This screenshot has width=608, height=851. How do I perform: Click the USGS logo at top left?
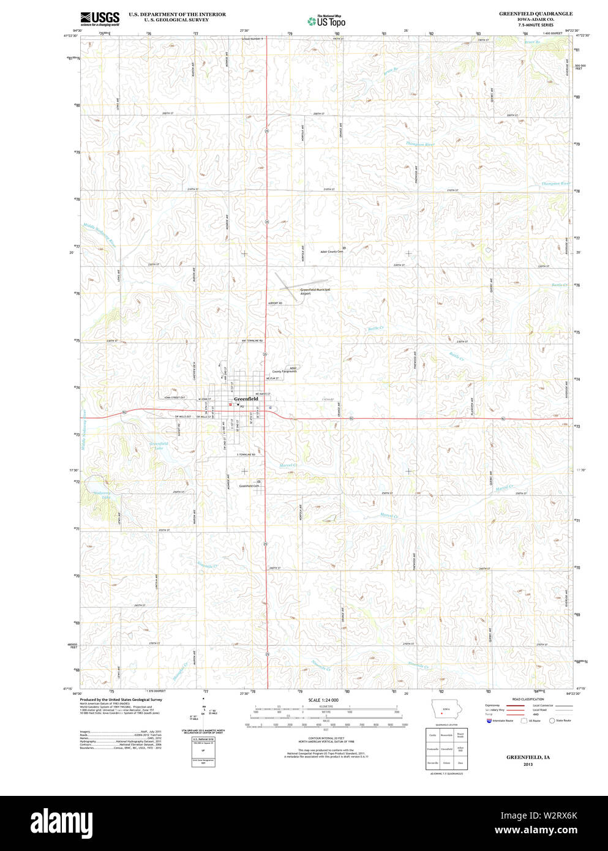(99, 18)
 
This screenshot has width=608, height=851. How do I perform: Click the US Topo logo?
(327, 21)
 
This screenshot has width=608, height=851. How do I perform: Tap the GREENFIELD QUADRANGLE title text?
(535, 13)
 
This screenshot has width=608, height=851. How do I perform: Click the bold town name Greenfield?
(246, 399)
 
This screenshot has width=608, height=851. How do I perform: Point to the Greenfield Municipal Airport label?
(315, 291)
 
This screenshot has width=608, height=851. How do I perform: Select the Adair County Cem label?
(331, 251)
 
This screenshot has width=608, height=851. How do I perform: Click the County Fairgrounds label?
(285, 370)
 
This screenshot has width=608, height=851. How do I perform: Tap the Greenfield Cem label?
(249, 485)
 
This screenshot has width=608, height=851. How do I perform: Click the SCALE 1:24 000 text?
(323, 700)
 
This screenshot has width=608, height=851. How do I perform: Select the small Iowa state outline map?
(442, 711)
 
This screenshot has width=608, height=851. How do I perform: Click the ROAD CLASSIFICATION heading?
(528, 699)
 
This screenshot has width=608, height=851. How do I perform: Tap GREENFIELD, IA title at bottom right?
(528, 757)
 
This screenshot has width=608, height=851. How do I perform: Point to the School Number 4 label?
(252, 39)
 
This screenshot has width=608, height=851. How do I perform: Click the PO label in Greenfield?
(242, 407)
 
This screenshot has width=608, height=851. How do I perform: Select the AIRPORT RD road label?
(274, 303)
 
